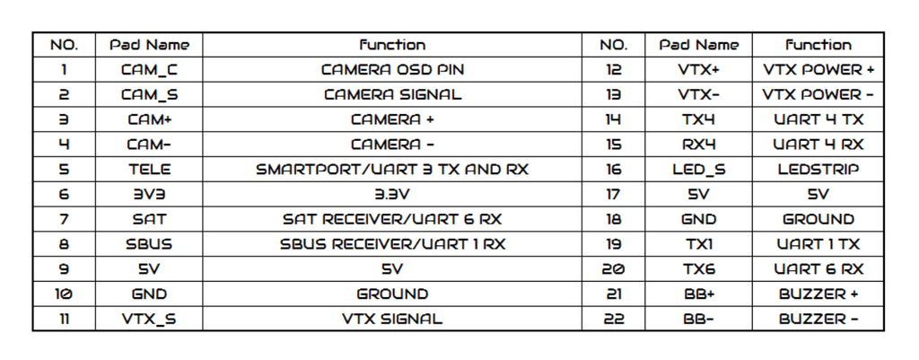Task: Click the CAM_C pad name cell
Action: pos(149,70)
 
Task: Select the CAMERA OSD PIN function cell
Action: pos(392,70)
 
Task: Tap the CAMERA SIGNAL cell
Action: pos(392,94)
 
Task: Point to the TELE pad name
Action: pos(149,170)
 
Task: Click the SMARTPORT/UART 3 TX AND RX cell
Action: pos(392,170)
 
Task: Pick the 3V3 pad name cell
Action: pos(149,194)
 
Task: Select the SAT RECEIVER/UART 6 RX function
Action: pos(392,219)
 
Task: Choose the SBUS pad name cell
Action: pos(149,244)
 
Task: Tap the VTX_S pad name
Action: pos(149,319)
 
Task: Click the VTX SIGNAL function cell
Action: pos(392,319)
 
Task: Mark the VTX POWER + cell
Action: pos(818,70)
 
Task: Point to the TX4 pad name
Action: pos(698,119)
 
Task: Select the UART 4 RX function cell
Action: pos(818,145)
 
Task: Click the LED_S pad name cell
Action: pos(698,170)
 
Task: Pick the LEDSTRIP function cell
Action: pos(818,170)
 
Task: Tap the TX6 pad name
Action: pos(698,269)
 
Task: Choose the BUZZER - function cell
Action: pos(818,319)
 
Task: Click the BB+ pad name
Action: pos(698,294)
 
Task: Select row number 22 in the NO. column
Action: pos(614,319)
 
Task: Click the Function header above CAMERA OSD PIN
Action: pos(392,45)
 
